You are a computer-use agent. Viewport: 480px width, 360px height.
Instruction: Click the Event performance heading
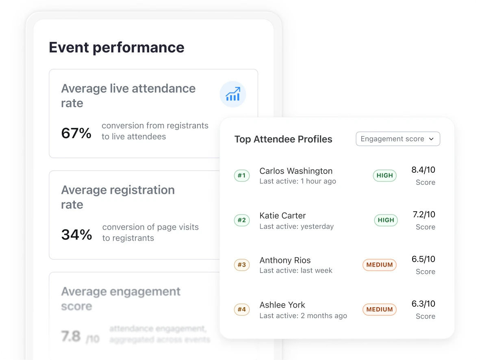[116, 48]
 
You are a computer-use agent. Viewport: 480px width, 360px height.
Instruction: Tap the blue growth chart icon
[233, 94]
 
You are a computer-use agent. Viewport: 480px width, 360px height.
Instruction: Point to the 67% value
[76, 133]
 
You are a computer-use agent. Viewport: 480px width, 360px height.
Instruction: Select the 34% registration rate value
[76, 234]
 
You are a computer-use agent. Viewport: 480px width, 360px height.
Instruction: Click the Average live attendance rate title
[128, 95]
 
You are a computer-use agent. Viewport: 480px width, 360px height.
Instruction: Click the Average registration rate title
[118, 197]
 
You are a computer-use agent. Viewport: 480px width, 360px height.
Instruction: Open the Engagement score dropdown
[397, 139]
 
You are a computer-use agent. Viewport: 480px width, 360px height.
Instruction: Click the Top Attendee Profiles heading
[283, 139]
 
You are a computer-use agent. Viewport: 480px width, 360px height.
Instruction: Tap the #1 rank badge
[242, 176]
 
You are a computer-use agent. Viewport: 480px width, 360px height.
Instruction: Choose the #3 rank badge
[242, 265]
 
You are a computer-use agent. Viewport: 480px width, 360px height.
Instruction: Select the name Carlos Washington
[296, 171]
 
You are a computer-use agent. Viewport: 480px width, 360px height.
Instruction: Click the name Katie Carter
[282, 216]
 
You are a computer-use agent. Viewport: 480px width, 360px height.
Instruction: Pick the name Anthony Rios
[285, 260]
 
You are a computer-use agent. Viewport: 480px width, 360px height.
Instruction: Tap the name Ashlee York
[282, 305]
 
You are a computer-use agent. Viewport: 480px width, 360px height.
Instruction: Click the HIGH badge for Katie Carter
[386, 220]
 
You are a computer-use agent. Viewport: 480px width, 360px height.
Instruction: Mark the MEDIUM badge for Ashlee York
[379, 310]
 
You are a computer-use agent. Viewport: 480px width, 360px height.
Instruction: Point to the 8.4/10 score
[423, 170]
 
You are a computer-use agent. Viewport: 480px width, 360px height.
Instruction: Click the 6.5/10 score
[423, 259]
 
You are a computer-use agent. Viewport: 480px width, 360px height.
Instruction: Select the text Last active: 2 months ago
[303, 316]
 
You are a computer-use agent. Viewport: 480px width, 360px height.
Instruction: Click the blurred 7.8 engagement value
[72, 336]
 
